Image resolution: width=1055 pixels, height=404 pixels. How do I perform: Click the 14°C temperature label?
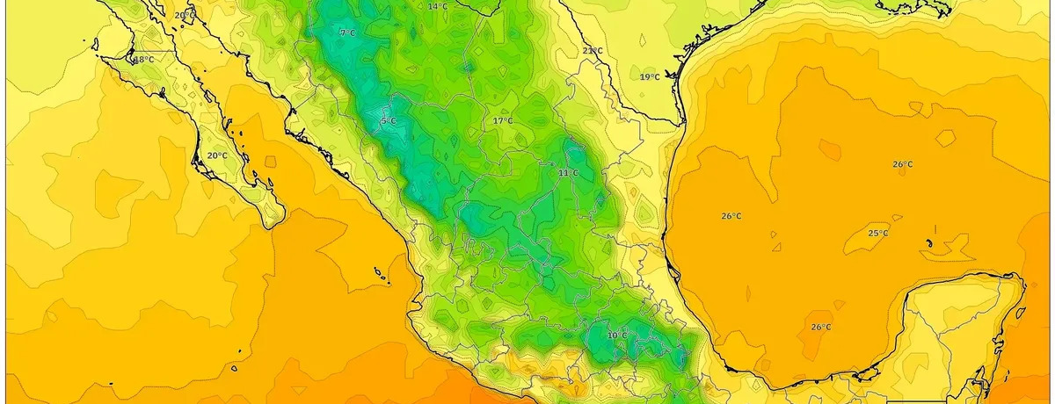click(437, 6)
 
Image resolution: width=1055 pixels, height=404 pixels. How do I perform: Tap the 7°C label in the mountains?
click(347, 33)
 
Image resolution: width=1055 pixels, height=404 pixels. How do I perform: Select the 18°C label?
click(143, 60)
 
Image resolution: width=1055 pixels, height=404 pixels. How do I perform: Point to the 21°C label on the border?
click(593, 51)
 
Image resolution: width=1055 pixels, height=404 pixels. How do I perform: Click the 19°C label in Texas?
click(650, 77)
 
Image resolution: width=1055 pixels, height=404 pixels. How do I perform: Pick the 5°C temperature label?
click(388, 120)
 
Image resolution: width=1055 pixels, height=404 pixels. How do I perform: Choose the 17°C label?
click(502, 120)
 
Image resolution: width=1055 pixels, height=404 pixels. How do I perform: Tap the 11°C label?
click(568, 173)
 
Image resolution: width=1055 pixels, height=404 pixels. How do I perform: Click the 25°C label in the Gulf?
click(877, 233)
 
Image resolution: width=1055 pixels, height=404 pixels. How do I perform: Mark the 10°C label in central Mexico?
click(617, 335)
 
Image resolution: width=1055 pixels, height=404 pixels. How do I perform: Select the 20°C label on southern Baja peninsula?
click(217, 155)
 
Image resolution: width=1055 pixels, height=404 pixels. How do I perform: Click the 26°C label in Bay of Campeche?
click(820, 328)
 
